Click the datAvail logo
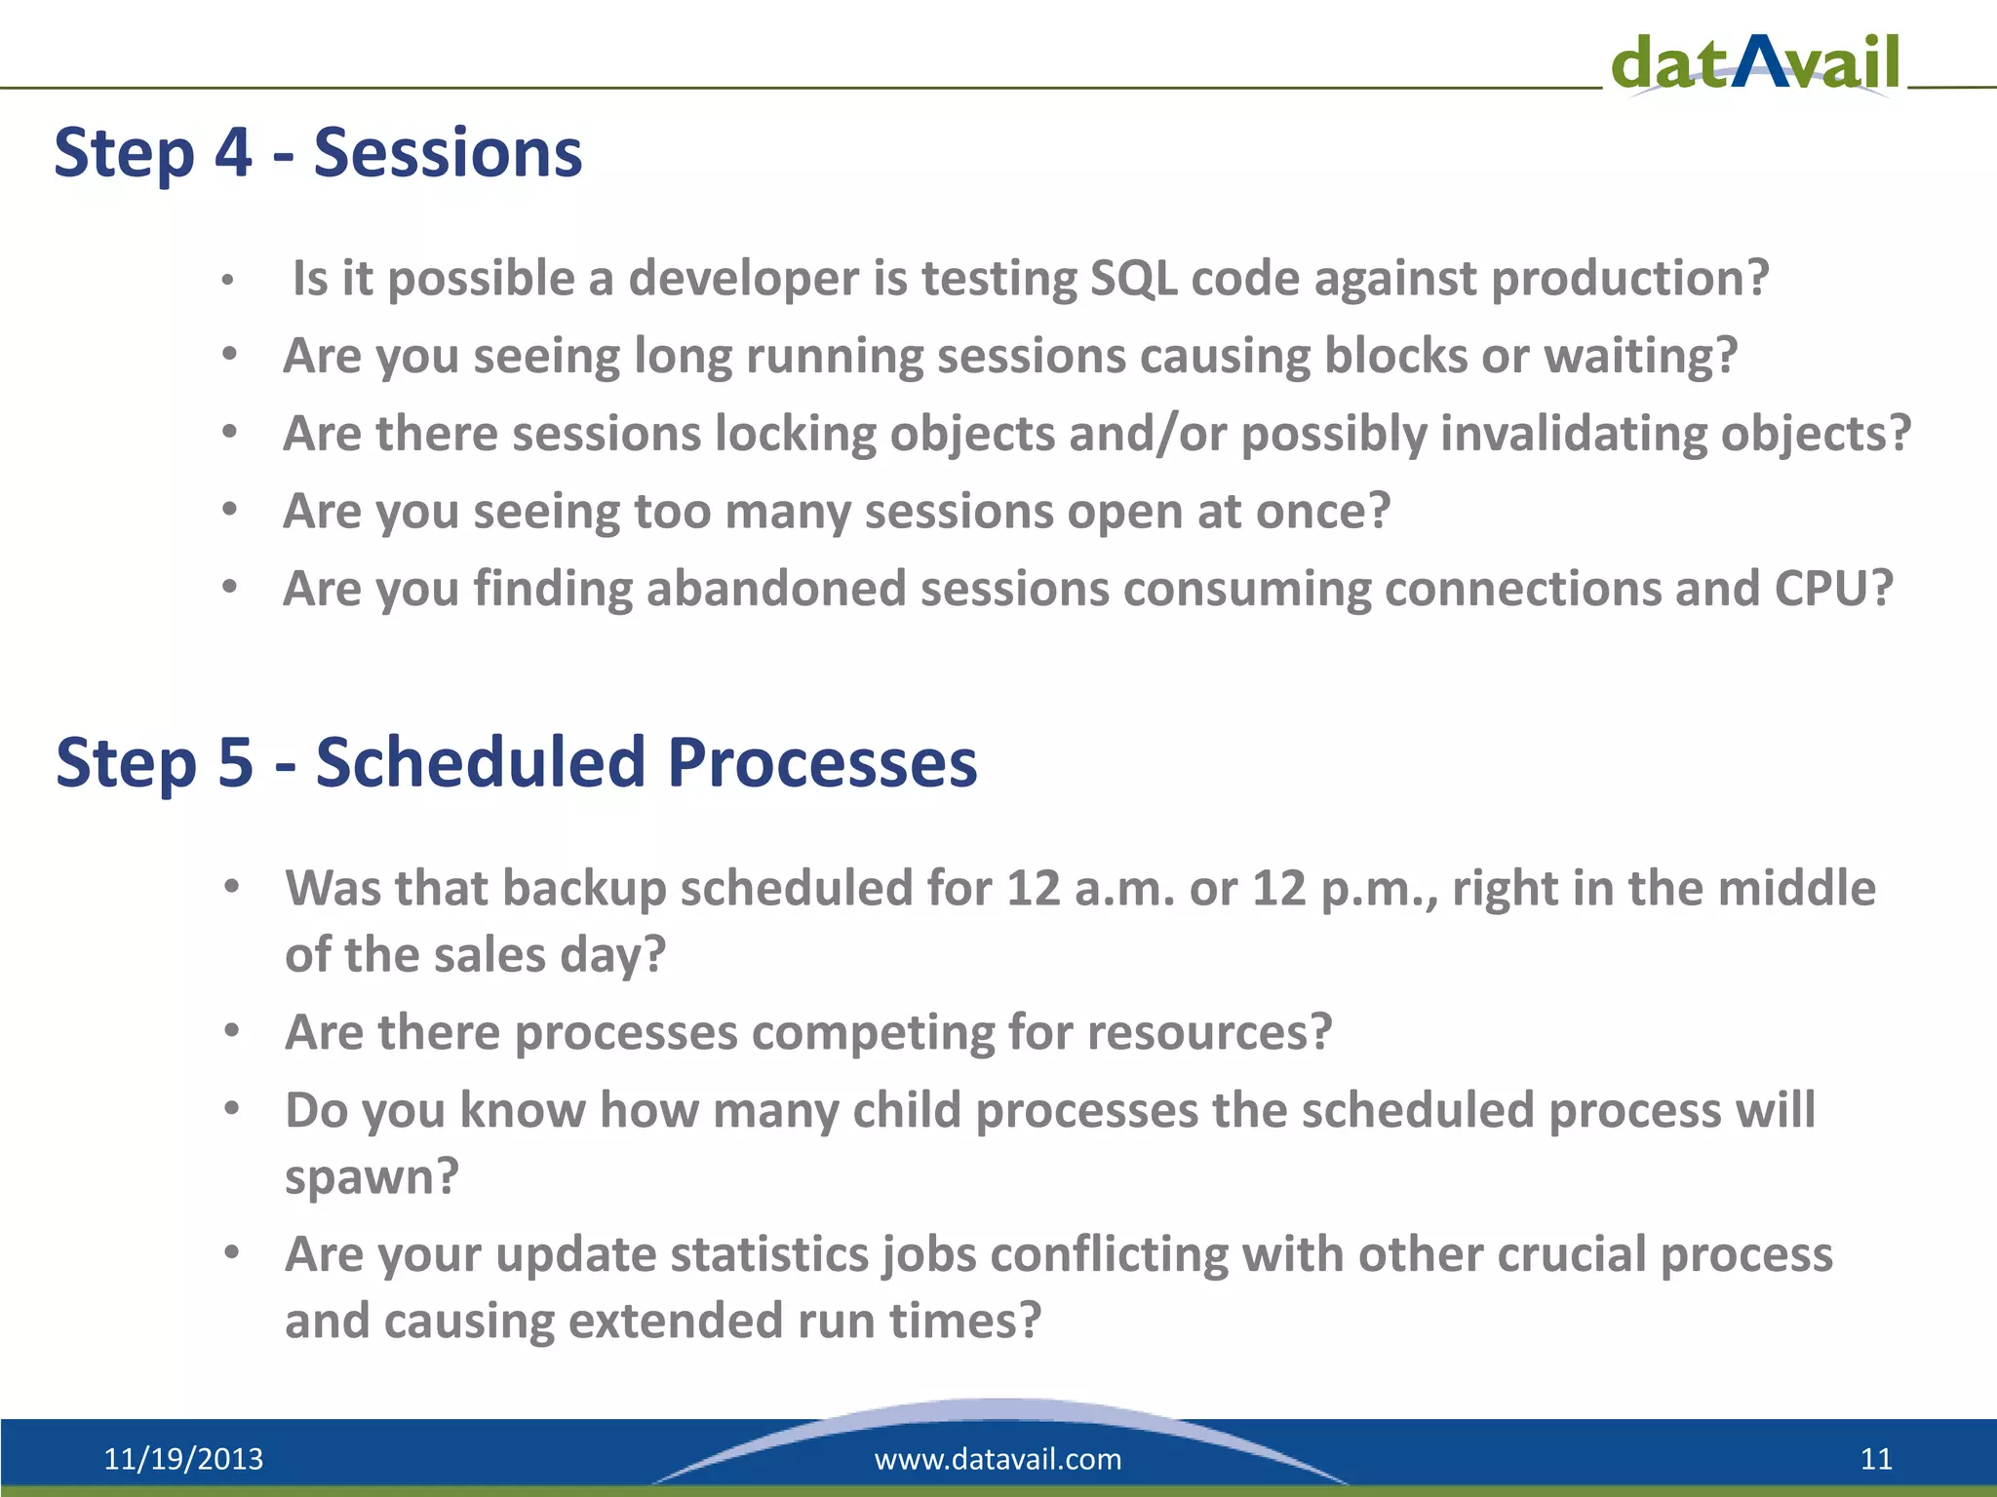[1755, 63]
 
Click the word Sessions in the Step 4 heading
[448, 153]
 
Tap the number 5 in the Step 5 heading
[235, 762]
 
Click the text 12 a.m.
[1090, 889]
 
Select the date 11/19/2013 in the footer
[183, 1459]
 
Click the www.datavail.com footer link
[998, 1459]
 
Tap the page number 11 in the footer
[1876, 1459]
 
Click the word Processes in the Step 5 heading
[822, 762]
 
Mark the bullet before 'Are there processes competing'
[231, 1030]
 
